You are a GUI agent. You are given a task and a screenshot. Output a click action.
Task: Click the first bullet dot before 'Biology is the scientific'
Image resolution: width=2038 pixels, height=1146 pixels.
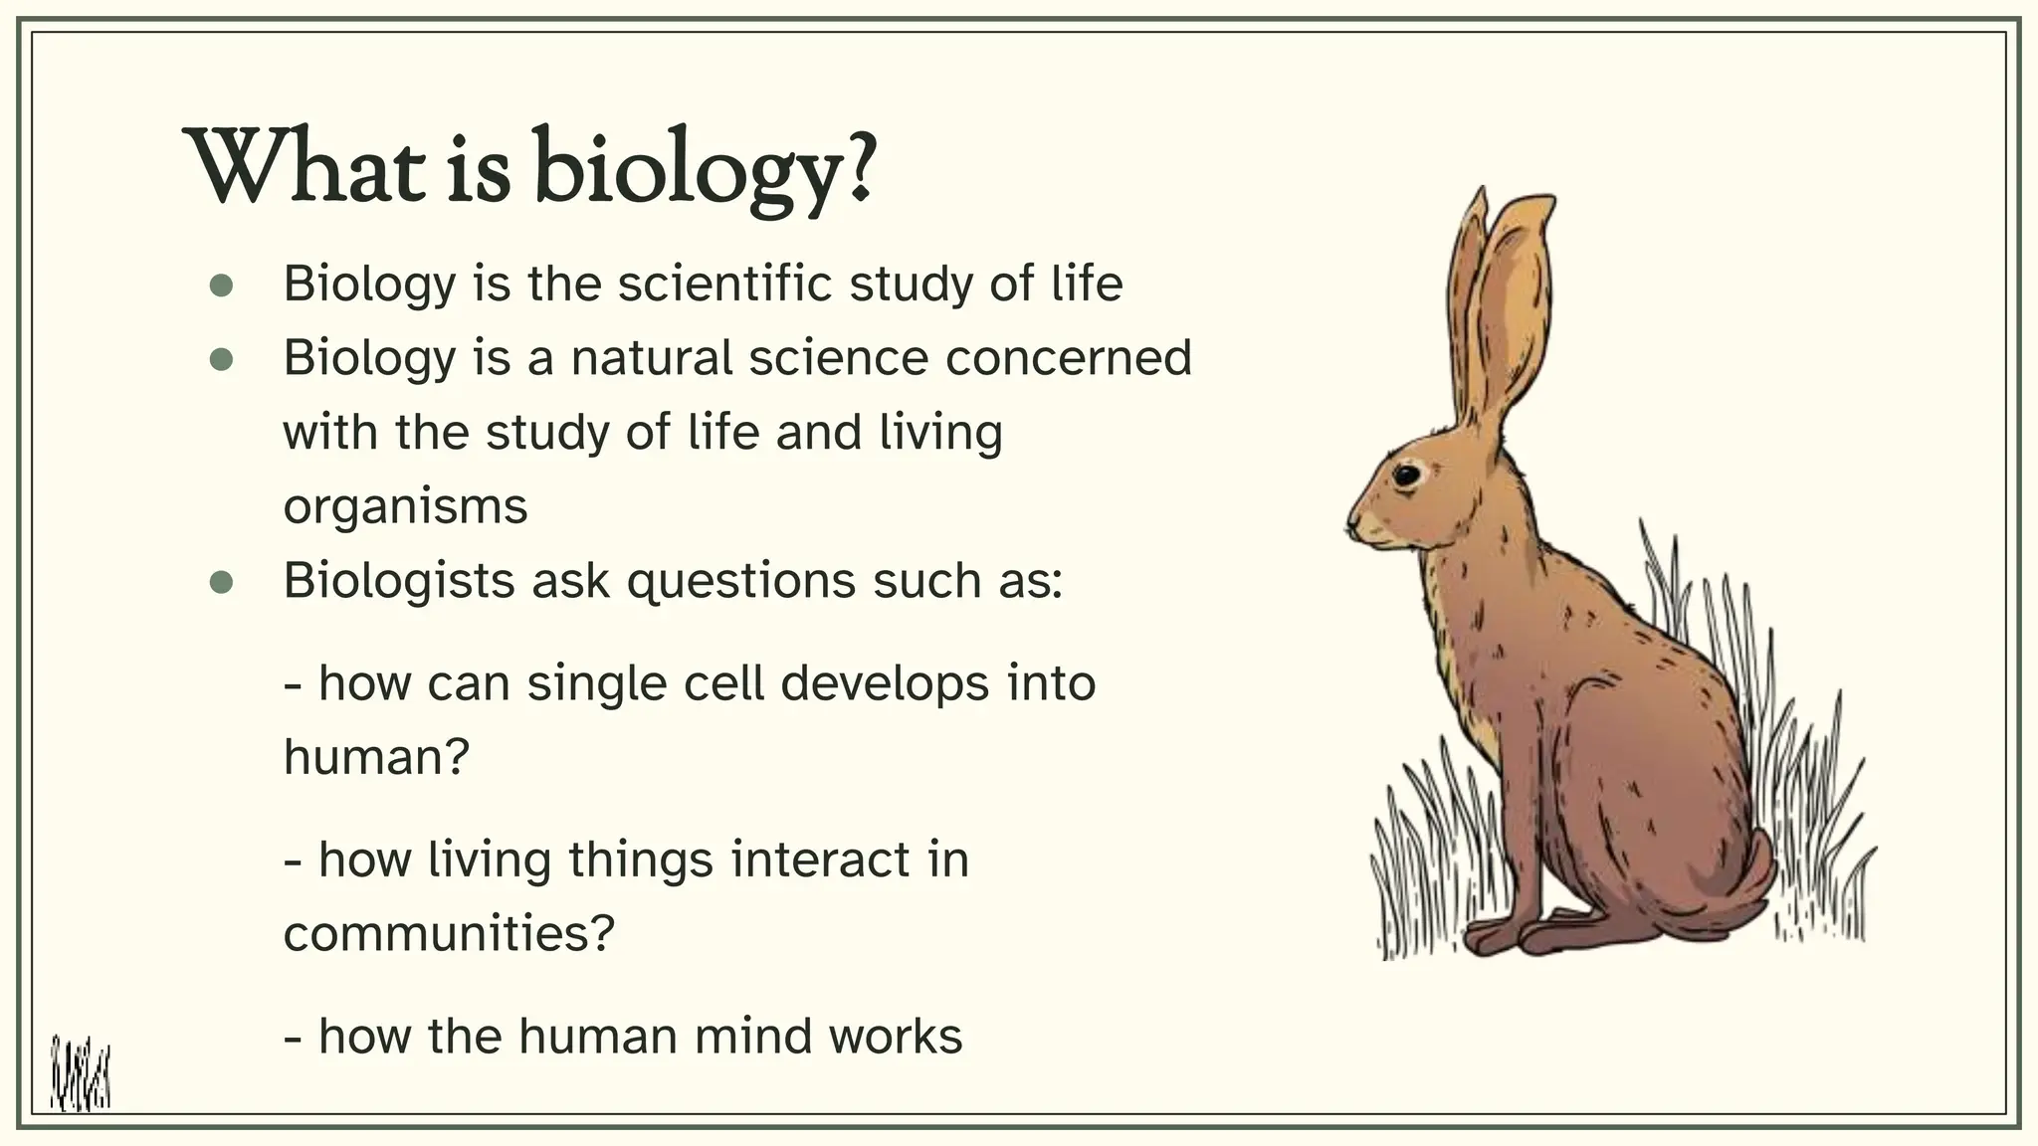(221, 286)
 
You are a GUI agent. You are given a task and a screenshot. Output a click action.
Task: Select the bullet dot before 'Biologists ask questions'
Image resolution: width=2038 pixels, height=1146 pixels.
(221, 583)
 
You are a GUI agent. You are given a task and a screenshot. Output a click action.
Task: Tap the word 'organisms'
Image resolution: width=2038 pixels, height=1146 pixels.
(405, 507)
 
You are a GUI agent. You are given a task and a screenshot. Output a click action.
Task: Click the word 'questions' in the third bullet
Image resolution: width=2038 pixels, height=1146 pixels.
(740, 582)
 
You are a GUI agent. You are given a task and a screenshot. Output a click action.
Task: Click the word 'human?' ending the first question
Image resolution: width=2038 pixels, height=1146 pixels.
(375, 758)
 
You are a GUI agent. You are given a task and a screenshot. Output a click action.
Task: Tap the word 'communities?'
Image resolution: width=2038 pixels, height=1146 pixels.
(449, 934)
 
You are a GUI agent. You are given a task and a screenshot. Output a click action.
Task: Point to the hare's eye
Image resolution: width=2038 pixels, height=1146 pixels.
(1406, 476)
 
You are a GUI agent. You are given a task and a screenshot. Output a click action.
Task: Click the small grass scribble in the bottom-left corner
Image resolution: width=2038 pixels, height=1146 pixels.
(81, 1074)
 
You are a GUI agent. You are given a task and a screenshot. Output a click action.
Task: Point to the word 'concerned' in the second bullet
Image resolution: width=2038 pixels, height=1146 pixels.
(1068, 358)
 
